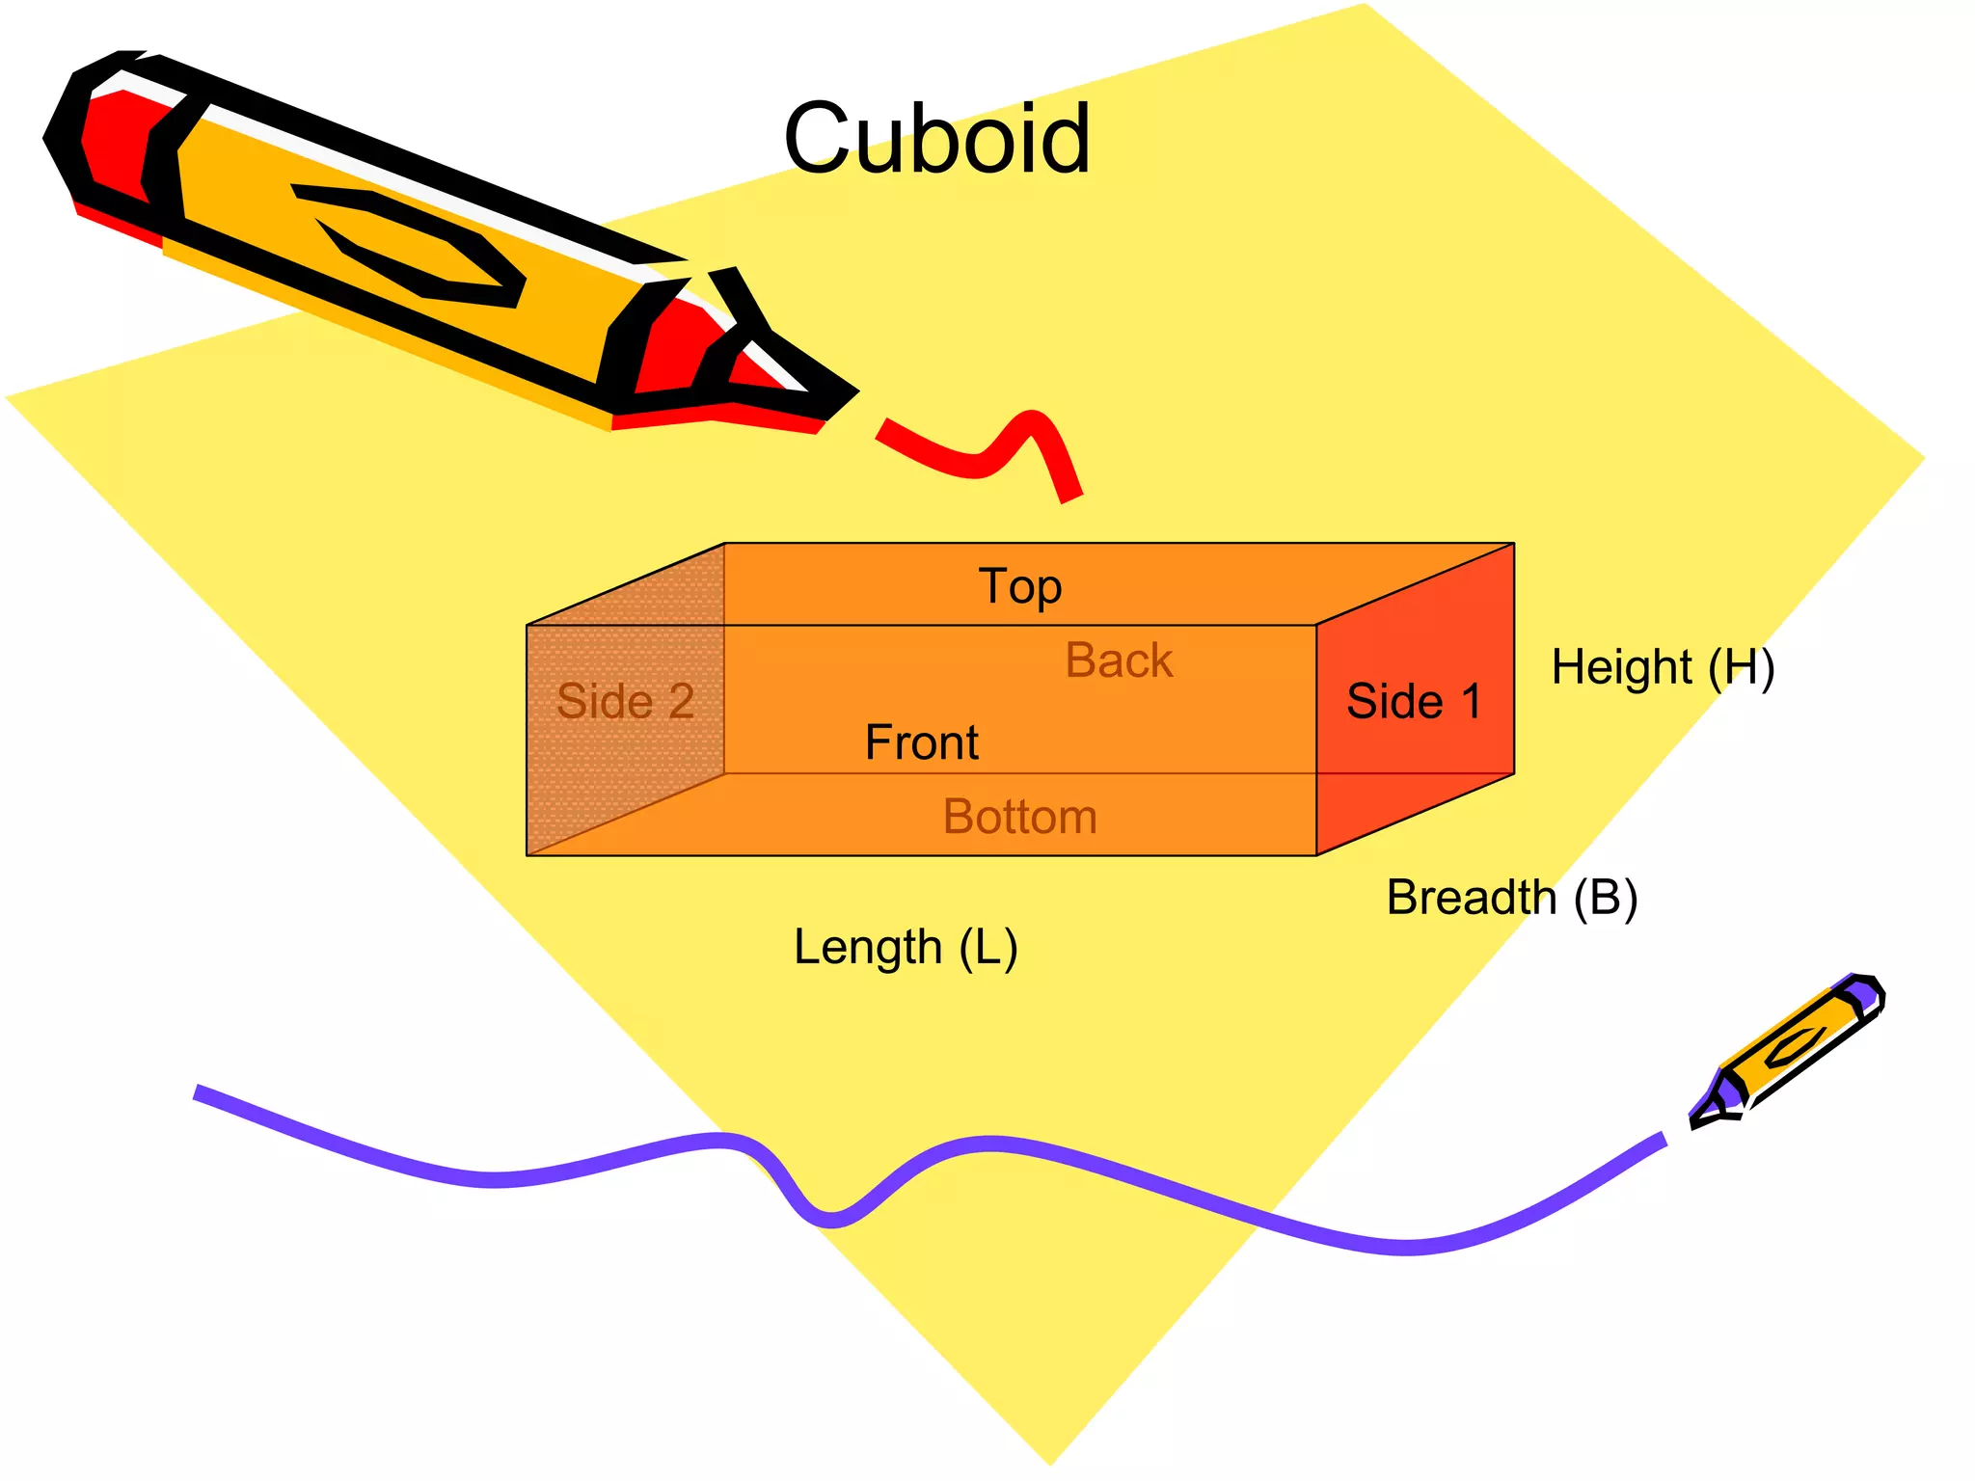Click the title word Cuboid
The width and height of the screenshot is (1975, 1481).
pos(936,140)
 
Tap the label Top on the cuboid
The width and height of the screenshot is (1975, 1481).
pos(1019,586)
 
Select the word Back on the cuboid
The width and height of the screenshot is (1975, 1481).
pos(1119,660)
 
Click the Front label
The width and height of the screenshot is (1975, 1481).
pos(921,742)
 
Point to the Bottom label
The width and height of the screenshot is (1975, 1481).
pos(1019,817)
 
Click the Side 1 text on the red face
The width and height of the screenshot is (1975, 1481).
pos(1413,701)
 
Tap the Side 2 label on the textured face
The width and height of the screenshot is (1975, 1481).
pos(625,701)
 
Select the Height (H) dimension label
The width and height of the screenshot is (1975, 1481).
pos(1663,667)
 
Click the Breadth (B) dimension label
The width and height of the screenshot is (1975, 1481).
pos(1511,898)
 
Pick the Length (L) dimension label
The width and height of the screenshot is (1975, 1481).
pos(905,947)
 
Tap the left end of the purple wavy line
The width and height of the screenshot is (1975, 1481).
pos(199,1091)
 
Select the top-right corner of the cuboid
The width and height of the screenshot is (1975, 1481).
pos(1513,544)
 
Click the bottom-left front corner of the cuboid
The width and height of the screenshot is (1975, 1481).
pos(527,854)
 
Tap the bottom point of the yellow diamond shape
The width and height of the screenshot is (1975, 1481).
pos(1051,1462)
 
